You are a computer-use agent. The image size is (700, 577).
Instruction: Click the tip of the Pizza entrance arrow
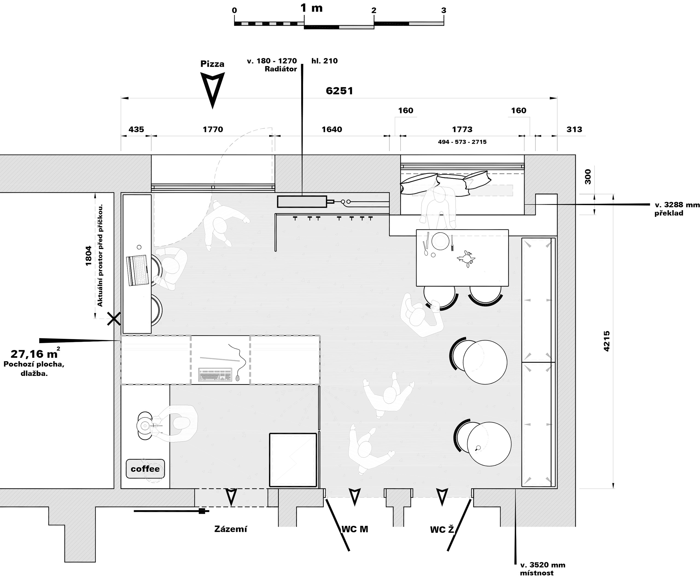(212, 108)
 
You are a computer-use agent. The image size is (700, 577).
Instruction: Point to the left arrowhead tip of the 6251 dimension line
(121, 98)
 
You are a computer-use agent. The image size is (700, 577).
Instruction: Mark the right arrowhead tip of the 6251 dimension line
(557, 98)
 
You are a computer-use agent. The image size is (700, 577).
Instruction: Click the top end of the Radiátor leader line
(302, 64)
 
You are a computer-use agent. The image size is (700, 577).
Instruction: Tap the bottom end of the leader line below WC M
(349, 551)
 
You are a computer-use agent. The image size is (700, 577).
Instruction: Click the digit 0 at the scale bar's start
(234, 10)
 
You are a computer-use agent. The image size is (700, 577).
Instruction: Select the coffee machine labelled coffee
(145, 469)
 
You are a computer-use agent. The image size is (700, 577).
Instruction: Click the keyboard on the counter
(215, 374)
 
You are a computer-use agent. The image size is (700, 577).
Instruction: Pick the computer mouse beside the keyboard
(237, 377)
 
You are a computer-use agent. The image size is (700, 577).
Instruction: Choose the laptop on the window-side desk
(138, 270)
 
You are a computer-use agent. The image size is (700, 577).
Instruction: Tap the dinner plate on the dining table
(440, 241)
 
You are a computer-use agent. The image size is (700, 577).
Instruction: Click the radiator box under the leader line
(302, 202)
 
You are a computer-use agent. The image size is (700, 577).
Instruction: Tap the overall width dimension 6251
(339, 91)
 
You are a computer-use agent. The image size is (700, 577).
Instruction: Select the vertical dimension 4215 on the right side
(606, 341)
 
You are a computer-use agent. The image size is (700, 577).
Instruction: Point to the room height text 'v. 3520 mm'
(542, 565)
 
